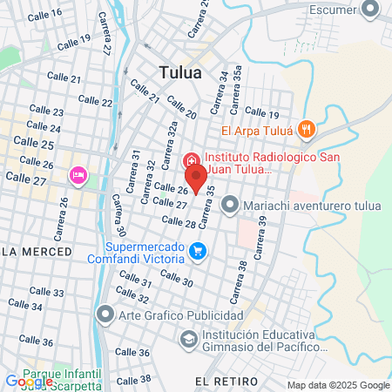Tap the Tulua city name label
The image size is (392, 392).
180,73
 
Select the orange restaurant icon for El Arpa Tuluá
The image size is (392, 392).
306,131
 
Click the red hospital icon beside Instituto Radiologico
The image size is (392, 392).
190,161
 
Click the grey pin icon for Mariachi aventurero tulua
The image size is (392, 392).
230,206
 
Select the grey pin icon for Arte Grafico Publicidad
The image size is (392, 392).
105,314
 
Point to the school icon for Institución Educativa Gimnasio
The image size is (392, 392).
188,339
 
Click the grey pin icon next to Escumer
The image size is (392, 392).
369,10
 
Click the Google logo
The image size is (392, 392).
29,382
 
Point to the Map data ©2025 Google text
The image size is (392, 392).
339,385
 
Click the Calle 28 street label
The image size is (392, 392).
179,223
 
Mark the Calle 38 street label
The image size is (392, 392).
134,379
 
